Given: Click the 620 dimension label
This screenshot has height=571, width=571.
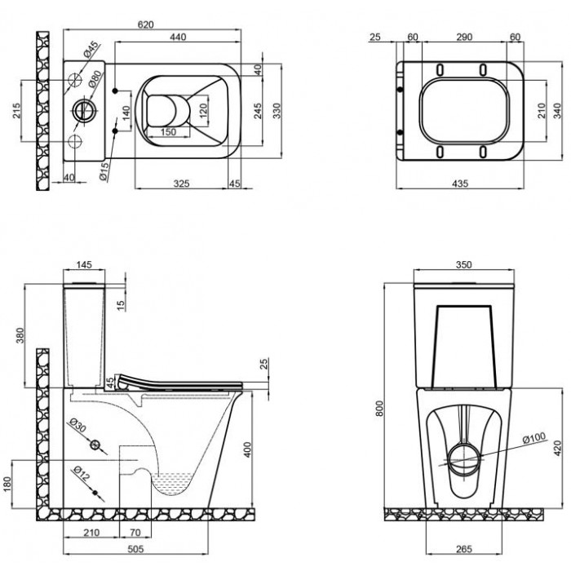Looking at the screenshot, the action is pyautogui.click(x=146, y=24).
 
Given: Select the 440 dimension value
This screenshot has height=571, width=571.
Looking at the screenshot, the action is pyautogui.click(x=178, y=37).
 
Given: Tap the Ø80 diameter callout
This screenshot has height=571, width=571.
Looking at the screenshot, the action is pyautogui.click(x=95, y=79).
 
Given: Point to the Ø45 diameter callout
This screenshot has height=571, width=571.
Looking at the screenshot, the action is pyautogui.click(x=91, y=50).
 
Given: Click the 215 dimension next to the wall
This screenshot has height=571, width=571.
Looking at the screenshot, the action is pyautogui.click(x=17, y=111).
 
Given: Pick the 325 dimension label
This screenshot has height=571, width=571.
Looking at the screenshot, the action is pyautogui.click(x=181, y=184).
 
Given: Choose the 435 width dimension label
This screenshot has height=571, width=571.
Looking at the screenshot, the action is pyautogui.click(x=460, y=184).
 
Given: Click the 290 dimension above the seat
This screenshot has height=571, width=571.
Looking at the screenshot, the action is pyautogui.click(x=464, y=37).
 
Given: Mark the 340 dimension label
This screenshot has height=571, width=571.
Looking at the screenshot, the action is pyautogui.click(x=557, y=111).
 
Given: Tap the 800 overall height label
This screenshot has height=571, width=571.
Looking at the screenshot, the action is pyautogui.click(x=379, y=408).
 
